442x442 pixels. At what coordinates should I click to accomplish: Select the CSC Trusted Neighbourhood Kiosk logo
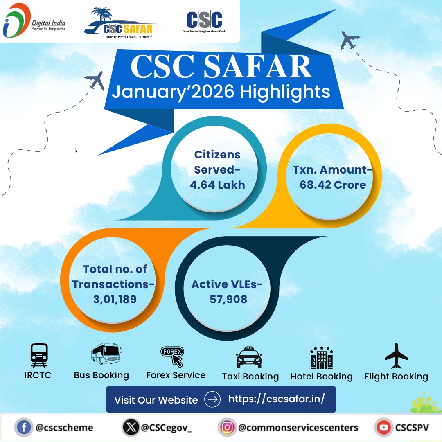(x=204, y=21)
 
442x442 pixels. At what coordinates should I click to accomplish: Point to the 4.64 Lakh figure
(x=217, y=185)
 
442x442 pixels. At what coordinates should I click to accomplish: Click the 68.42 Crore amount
(x=333, y=185)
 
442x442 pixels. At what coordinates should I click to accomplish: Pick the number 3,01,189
(x=115, y=300)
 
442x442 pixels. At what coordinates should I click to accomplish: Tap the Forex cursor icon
(x=172, y=356)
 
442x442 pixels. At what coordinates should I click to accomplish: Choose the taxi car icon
(x=249, y=357)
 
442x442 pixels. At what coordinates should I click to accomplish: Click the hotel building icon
(x=322, y=357)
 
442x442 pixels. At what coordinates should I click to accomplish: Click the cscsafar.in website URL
(x=277, y=399)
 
